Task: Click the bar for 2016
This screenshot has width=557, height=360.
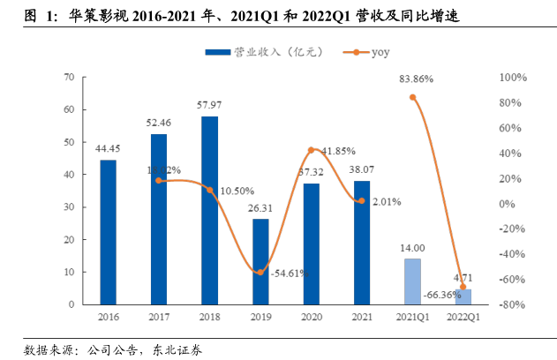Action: coord(108,232)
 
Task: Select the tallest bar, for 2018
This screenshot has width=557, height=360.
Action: coord(209,210)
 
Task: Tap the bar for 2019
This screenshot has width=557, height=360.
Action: coord(260,261)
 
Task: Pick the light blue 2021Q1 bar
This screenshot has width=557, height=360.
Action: coord(412,281)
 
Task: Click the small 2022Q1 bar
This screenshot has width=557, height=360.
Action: coord(463,296)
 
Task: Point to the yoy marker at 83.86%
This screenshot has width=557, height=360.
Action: coord(412,96)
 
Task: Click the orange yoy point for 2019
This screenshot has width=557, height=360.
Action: coord(260,272)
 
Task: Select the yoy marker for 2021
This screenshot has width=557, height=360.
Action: coord(362,201)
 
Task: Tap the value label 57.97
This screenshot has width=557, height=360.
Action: coord(209,106)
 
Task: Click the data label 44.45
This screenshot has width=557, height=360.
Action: coord(108,149)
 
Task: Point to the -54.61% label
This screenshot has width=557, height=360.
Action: coord(287,274)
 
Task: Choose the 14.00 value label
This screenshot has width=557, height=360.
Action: coord(412,249)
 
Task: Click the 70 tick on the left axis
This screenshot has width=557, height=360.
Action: coord(68,78)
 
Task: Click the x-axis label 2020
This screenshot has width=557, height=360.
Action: coord(311,316)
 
